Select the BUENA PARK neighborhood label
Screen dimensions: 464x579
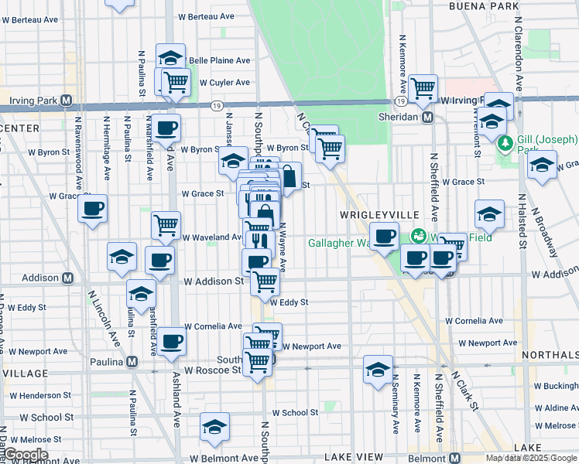point(484,6)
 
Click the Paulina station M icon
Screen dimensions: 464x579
point(132,361)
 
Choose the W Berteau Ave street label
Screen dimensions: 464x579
point(205,15)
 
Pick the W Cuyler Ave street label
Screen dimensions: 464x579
point(224,82)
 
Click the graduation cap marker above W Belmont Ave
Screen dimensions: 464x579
point(215,426)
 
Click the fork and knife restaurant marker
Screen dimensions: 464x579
point(259,241)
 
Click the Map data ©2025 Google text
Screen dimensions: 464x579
point(531,458)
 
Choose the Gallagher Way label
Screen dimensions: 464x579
point(338,243)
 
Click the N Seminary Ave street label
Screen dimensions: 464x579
point(396,402)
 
